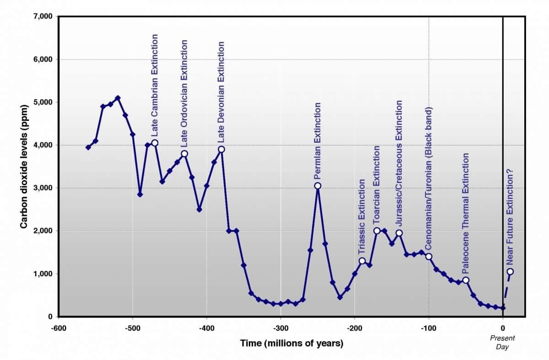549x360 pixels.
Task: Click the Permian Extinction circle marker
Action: click(318, 186)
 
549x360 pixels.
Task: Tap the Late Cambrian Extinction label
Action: click(155, 85)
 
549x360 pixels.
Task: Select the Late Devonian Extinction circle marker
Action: click(221, 149)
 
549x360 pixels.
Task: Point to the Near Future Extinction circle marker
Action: click(510, 271)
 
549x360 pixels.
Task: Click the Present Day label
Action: click(502, 342)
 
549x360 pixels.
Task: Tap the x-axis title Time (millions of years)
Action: click(292, 343)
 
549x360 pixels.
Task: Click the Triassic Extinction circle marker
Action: click(362, 261)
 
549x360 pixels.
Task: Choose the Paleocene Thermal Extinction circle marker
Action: click(466, 280)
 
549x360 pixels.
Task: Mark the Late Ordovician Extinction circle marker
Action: click(184, 154)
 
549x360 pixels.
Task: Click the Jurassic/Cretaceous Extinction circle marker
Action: click(399, 233)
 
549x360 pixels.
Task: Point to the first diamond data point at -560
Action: click(88, 147)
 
